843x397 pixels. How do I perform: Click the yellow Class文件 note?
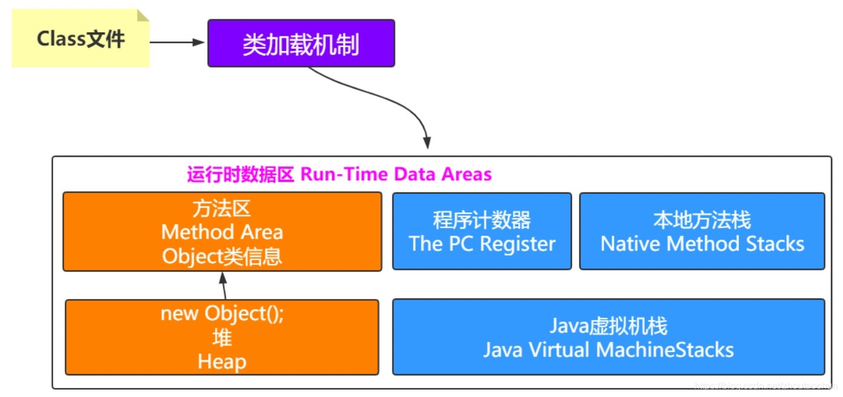[x=80, y=39]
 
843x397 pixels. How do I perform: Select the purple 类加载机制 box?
[x=301, y=44]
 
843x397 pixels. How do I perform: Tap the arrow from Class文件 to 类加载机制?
[x=178, y=42]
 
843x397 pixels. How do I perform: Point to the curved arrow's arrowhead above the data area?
[x=427, y=143]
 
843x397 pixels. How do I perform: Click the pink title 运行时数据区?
[x=240, y=174]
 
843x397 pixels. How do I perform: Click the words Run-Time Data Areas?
[x=396, y=174]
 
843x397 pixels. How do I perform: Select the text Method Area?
[x=222, y=232]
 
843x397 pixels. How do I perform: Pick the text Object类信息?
[x=222, y=257]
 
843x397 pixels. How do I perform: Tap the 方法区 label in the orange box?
[x=222, y=209]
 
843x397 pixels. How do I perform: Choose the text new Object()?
[x=222, y=314]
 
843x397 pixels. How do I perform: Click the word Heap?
[x=222, y=362]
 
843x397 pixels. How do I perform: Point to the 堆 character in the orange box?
[x=222, y=338]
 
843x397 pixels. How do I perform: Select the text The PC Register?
[x=482, y=244]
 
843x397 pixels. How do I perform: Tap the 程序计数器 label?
[x=482, y=220]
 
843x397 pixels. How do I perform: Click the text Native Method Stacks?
[x=702, y=244]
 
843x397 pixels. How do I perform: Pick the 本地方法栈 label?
[x=702, y=220]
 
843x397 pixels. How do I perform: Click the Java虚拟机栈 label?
[x=608, y=326]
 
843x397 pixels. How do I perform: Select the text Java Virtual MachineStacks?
[x=608, y=350]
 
